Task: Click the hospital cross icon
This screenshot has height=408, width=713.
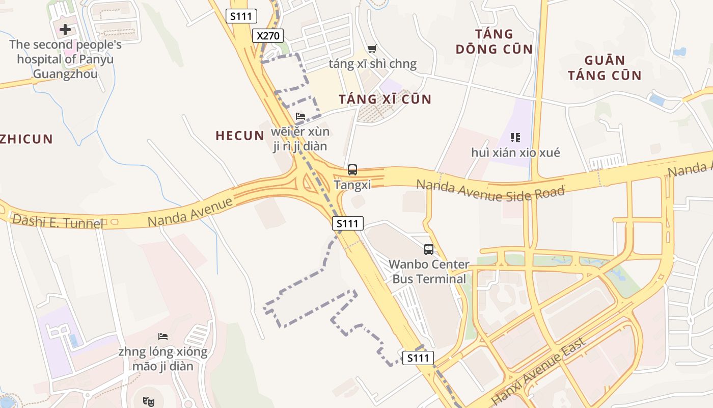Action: (65, 30)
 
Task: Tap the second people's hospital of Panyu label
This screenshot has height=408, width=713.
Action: (65, 59)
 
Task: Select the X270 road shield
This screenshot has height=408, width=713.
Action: (268, 36)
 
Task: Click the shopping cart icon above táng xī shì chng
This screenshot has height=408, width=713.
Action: (372, 49)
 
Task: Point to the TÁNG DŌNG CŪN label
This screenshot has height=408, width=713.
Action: (494, 42)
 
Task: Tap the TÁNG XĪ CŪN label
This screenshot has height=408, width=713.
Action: (385, 99)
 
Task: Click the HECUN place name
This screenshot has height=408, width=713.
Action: (240, 136)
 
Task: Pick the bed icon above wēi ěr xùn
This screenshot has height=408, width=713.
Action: (300, 116)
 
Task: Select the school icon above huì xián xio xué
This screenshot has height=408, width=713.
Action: (515, 137)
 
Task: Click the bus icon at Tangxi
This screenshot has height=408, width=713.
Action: (352, 170)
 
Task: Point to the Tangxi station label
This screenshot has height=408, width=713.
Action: (352, 185)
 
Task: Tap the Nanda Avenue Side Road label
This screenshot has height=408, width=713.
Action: (490, 190)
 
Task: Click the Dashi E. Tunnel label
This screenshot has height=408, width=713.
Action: (57, 221)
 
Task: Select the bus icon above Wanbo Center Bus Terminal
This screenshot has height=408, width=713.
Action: (429, 249)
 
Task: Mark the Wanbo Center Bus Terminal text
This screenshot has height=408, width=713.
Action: (429, 272)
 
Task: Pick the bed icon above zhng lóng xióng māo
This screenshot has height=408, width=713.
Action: (163, 337)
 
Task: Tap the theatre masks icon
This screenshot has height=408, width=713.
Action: (149, 401)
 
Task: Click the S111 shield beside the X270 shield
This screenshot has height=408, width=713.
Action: (241, 16)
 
